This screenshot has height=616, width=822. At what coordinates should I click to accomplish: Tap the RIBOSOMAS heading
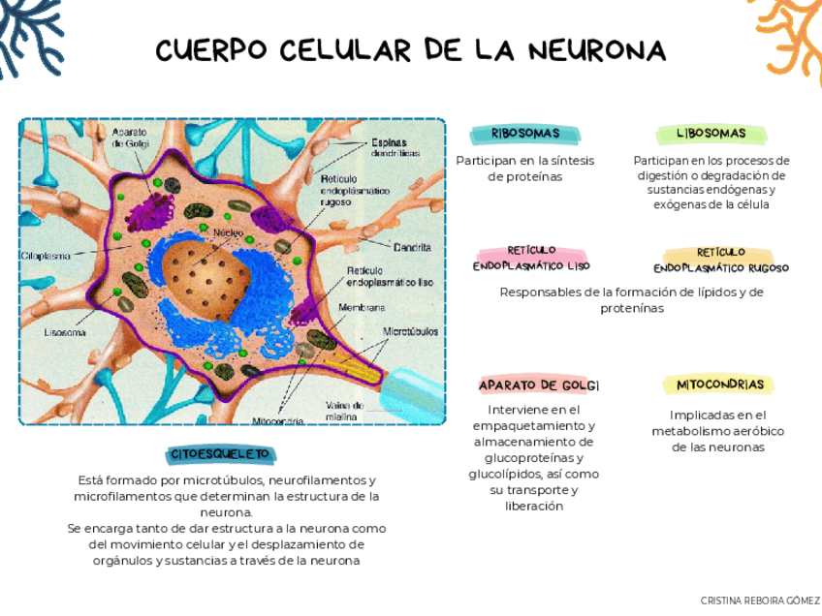525,133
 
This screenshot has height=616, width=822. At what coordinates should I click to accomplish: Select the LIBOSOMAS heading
711,133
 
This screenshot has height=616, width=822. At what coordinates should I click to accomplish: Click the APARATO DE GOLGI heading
539,385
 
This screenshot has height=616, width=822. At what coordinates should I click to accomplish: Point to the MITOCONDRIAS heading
720,385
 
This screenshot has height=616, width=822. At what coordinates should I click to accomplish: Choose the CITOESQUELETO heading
220,454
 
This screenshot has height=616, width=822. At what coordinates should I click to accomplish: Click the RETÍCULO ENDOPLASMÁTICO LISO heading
531,259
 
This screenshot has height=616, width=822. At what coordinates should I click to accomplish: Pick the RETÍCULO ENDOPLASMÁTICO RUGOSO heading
721,261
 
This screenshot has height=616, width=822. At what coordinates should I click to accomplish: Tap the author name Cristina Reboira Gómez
760,601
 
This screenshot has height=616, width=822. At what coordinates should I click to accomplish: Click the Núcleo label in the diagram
228,233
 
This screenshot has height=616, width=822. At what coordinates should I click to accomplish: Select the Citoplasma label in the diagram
46,256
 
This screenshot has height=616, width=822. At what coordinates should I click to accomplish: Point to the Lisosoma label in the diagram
65,332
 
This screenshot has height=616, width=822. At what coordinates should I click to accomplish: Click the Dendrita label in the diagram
412,247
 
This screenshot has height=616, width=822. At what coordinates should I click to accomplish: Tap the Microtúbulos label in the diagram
410,331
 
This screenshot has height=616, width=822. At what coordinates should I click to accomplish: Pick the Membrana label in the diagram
362,307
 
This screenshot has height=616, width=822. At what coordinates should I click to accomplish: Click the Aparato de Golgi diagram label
129,138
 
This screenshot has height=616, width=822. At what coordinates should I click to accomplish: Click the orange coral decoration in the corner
791,29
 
